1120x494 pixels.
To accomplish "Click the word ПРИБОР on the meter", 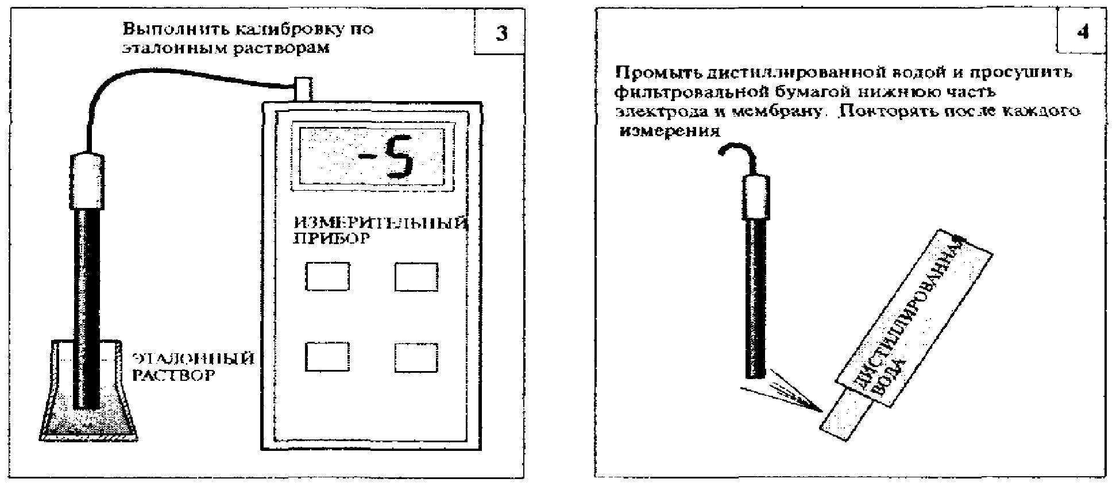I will [331, 239].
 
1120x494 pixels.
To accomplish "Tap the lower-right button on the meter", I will [416, 357].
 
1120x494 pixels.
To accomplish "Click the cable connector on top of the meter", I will [303, 89].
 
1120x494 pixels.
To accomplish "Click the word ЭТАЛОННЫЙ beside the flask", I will [194, 359].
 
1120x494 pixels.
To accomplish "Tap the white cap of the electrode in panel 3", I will [87, 181].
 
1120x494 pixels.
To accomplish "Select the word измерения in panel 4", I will [670, 131].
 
